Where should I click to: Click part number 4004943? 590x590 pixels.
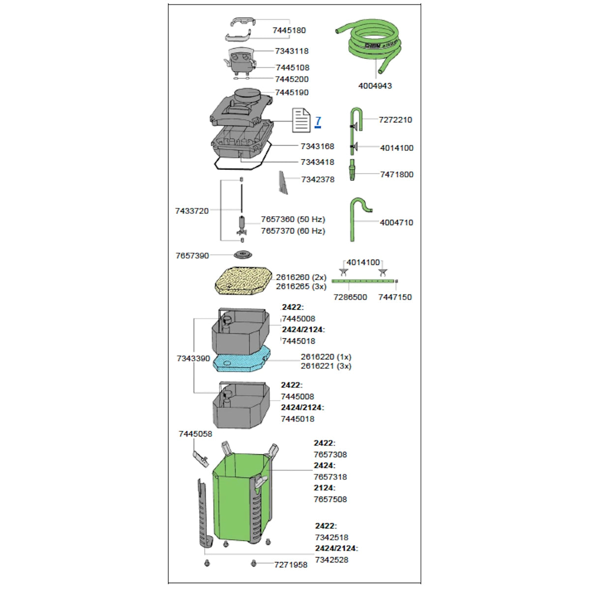pos(375,86)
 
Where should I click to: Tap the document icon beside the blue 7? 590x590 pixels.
pos(301,120)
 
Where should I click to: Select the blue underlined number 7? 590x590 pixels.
pos(318,121)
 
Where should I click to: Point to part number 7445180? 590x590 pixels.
pos(289,30)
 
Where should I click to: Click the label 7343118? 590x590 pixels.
pos(292,51)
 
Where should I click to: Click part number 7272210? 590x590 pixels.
pos(395,119)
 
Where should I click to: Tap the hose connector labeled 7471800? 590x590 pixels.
pos(353,170)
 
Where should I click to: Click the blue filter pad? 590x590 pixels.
pos(242,358)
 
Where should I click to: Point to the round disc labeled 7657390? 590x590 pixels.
pos(243,254)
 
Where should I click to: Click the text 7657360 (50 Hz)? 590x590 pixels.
pos(293,219)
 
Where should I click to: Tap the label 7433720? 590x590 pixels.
pos(192,211)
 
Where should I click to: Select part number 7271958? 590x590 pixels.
pos(291,564)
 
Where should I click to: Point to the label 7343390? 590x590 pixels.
pos(193,358)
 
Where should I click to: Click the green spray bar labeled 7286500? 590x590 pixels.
pos(363,281)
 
